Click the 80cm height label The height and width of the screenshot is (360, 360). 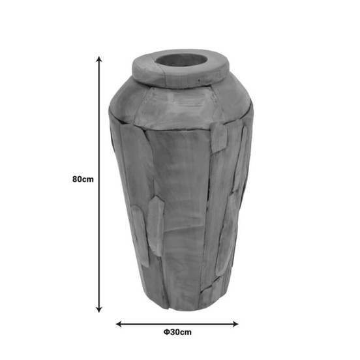pos(83,179)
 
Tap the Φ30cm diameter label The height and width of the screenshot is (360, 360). pos(177,332)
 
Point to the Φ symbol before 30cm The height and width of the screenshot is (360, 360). pos(167,332)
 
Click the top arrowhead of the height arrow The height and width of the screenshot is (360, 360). pos(99,59)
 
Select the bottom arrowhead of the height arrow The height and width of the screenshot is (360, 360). pos(99,310)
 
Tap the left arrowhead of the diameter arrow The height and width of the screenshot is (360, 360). pos(119,324)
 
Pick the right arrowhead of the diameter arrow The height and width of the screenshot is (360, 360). pos(235,324)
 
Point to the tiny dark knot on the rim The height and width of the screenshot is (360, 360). pos(199,80)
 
